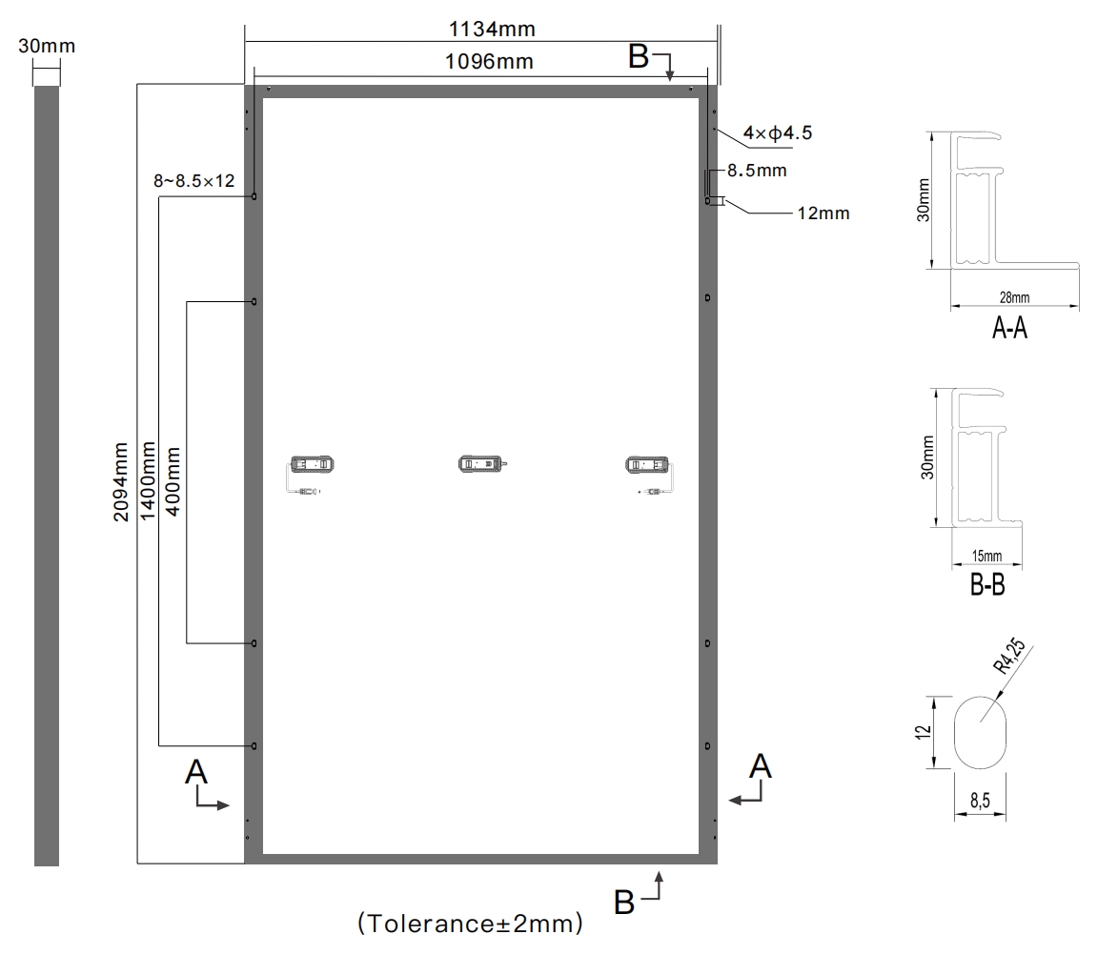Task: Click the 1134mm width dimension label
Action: coord(492,30)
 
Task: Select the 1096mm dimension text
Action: coord(490,62)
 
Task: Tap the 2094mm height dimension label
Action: coord(121,481)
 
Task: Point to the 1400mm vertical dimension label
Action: coord(147,480)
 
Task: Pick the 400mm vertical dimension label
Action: coord(173,481)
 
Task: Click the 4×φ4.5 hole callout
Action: coord(778,133)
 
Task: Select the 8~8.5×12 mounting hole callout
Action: coord(194,181)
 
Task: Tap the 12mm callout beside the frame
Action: coord(823,213)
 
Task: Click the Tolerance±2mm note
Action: coord(470,923)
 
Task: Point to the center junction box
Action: coord(481,463)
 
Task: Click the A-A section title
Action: coord(1009,328)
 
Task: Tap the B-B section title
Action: coord(987,584)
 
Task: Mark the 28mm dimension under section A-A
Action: coord(1014,297)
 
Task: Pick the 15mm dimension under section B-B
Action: coord(986,556)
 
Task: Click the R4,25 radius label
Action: coord(1009,656)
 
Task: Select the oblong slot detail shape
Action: coord(981,732)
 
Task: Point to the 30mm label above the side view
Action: coord(46,46)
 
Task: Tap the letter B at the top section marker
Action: coord(639,57)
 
